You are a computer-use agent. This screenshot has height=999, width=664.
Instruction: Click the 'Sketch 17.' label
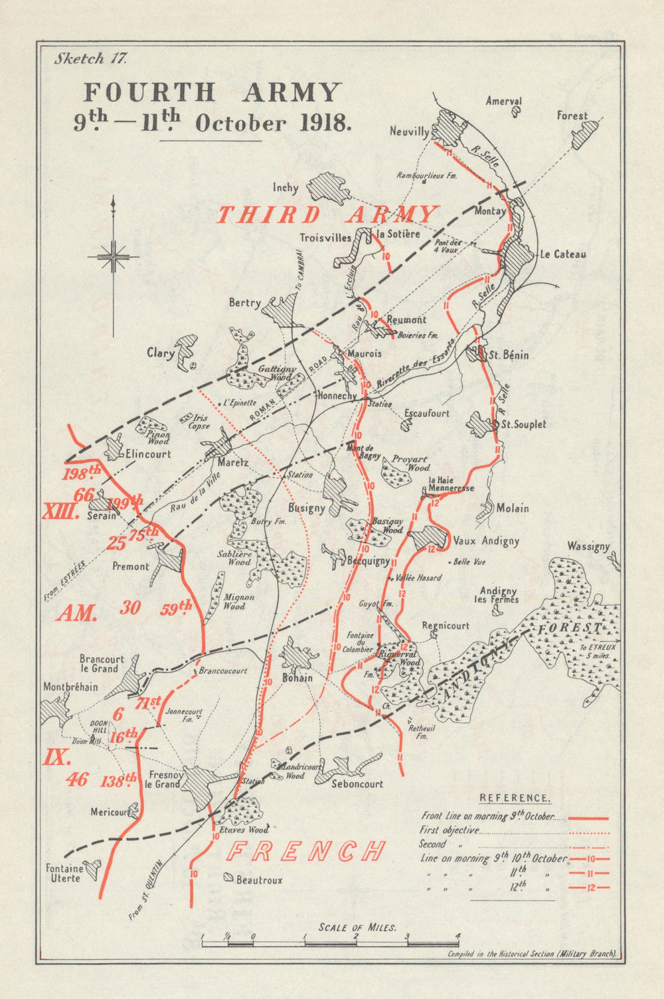pos(90,58)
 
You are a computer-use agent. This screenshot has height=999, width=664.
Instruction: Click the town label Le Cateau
pos(562,254)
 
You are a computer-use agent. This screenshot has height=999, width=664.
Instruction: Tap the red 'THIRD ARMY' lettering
pos(327,215)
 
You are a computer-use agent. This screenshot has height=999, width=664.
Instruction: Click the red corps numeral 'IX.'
pos(57,757)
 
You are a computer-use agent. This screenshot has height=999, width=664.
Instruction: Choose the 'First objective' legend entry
pos(449,830)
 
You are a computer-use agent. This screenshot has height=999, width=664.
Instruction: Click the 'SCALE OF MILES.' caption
pos(357,927)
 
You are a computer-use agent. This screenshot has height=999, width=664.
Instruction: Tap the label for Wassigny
pos(588,546)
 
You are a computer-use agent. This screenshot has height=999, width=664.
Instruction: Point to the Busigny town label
pos(306,508)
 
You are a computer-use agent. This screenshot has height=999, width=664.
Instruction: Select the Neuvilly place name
pos(410,132)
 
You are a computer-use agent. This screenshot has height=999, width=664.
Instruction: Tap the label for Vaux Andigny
pos(486,541)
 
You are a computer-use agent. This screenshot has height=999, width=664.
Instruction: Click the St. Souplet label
pos(524,424)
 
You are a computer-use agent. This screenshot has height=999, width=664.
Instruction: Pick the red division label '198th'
pos(81,474)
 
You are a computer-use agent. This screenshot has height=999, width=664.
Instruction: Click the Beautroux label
pos(259,880)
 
